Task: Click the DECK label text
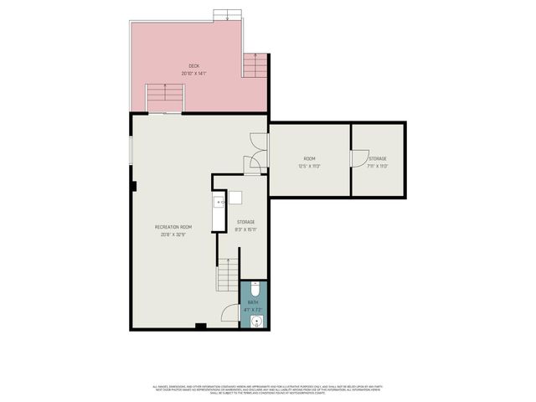click(193, 65)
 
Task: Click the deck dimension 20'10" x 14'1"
click(193, 73)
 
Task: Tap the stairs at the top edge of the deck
click(225, 15)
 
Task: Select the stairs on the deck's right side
click(255, 64)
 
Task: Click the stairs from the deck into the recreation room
click(164, 99)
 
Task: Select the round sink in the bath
click(258, 320)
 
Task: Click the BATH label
click(253, 302)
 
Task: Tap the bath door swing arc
click(228, 313)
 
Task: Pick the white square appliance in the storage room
click(235, 198)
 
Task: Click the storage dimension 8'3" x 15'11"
click(245, 229)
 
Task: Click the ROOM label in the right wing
click(309, 158)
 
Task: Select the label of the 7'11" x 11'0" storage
click(377, 158)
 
